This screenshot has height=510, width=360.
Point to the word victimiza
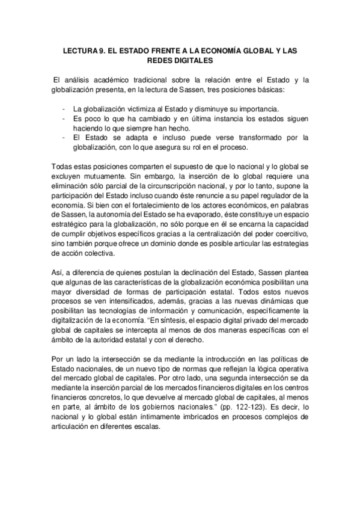tap(136, 108)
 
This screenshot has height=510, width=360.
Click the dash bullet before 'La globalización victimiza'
tap(64, 108)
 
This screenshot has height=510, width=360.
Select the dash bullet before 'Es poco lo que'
tap(64, 118)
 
